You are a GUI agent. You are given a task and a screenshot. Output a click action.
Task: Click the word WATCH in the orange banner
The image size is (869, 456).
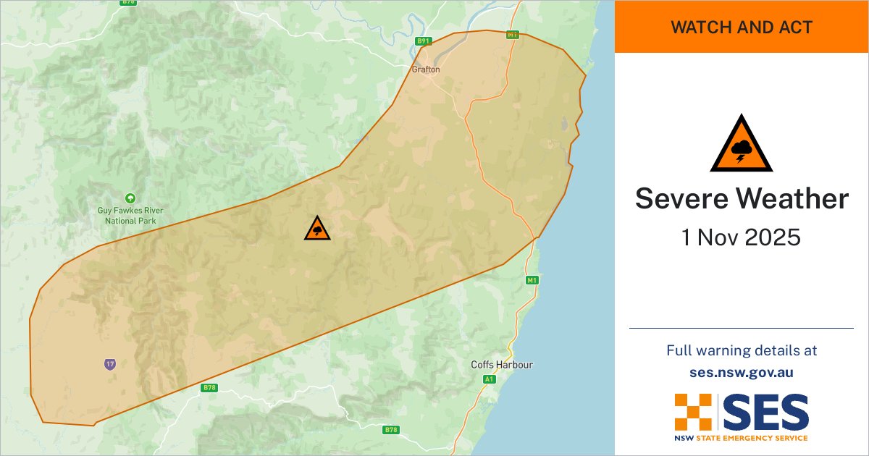click(x=699, y=28)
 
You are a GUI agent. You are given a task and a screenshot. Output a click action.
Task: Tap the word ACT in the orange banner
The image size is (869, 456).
click(x=797, y=28)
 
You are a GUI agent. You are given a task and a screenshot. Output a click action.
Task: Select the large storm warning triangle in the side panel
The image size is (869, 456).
click(x=741, y=143)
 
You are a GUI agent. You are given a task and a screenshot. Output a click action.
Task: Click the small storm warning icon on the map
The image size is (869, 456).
click(x=317, y=229)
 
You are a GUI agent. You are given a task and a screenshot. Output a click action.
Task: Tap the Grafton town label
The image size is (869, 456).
click(x=425, y=69)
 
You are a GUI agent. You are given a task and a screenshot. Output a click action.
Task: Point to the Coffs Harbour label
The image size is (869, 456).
click(x=501, y=365)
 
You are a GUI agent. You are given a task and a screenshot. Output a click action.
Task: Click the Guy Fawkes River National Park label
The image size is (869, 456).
click(x=130, y=215)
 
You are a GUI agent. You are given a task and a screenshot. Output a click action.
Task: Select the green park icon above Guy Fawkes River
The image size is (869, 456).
click(x=130, y=198)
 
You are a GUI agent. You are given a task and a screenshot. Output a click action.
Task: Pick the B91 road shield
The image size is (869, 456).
click(x=424, y=41)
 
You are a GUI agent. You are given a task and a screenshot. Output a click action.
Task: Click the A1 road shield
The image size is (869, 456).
click(x=490, y=379)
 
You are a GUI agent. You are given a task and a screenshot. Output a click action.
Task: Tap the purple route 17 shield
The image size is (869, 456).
click(x=109, y=364)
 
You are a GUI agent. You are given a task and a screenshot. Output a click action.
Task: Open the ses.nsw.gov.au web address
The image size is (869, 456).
click(x=742, y=373)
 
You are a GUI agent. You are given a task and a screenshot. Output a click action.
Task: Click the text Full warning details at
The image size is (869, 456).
click(x=742, y=350)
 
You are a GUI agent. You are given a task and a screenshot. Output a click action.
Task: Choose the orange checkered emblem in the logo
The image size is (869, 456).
click(x=694, y=412)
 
